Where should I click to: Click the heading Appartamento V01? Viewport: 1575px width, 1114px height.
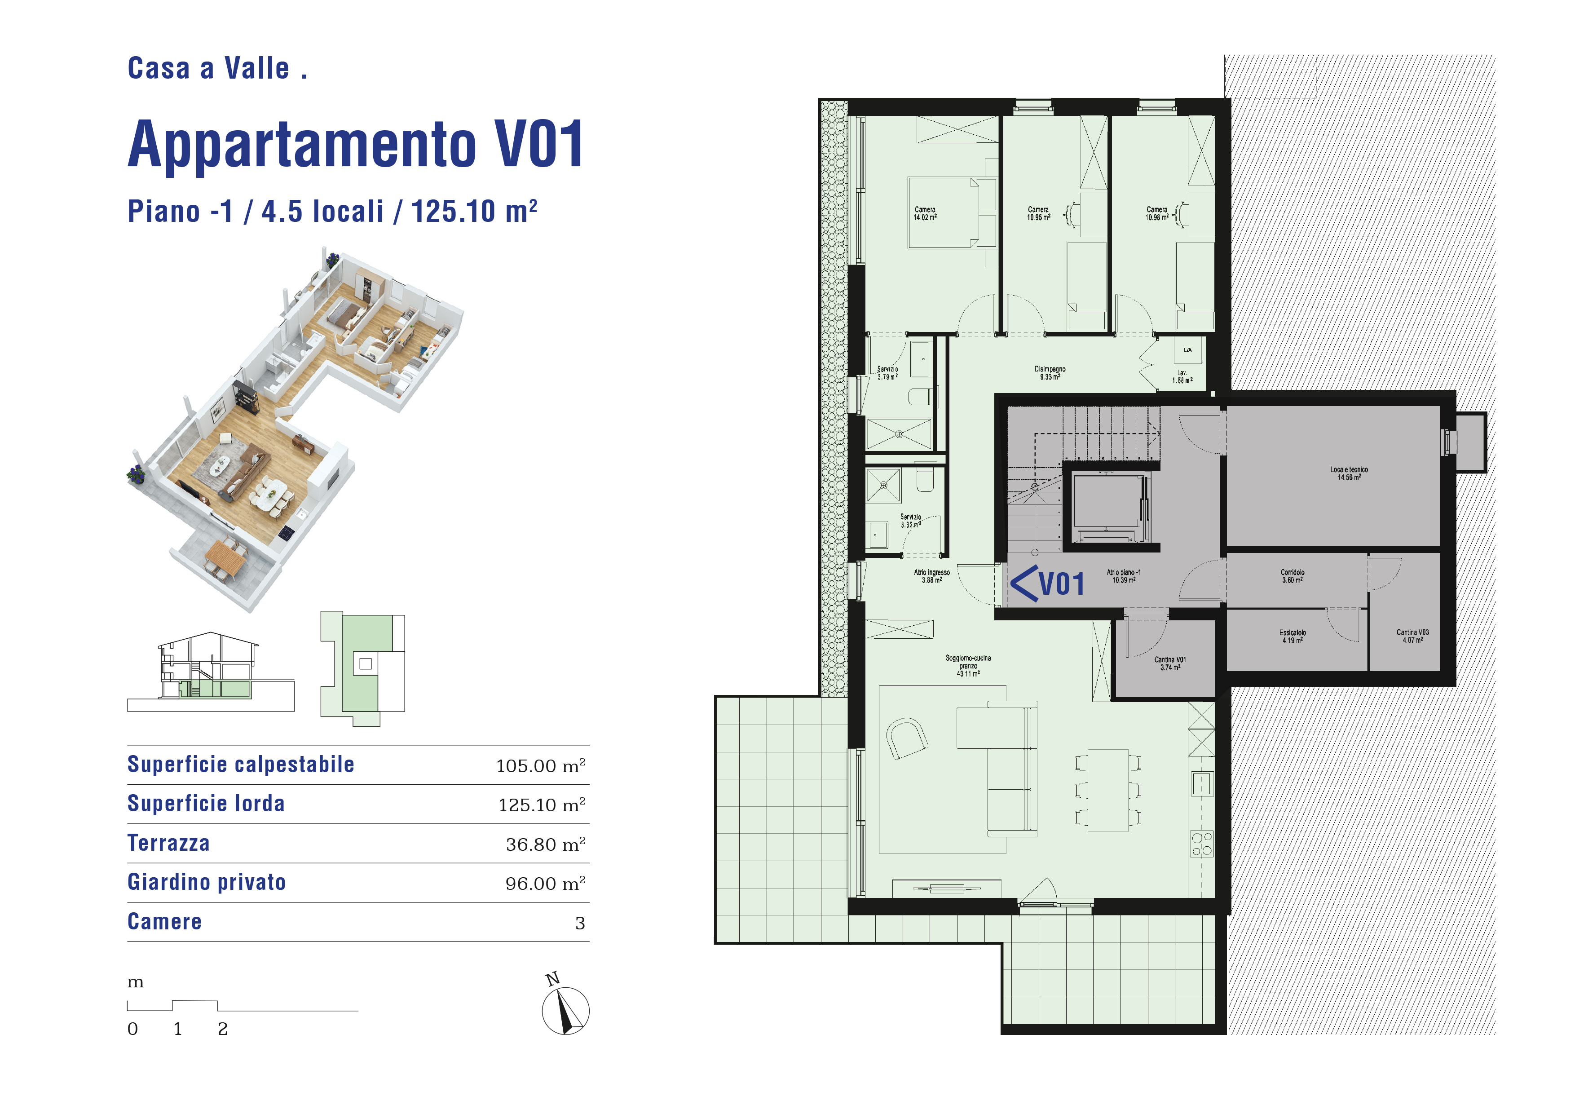[355, 144]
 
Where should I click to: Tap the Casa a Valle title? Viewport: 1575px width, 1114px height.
[217, 69]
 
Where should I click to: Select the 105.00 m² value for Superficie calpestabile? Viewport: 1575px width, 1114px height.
[541, 765]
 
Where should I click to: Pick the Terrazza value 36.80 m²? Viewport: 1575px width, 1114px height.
[545, 844]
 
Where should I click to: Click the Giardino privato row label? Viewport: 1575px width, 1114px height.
[207, 882]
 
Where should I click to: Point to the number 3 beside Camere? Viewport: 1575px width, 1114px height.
[580, 923]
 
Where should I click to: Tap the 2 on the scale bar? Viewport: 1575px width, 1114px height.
[222, 1029]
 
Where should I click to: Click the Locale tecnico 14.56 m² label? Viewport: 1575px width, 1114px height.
[1349, 474]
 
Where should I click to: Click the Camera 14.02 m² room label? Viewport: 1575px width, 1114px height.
[925, 213]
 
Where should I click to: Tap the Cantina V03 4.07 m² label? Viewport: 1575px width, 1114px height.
[1412, 636]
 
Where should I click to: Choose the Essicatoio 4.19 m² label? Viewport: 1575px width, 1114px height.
[1293, 637]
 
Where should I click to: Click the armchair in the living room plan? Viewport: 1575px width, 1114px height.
[906, 738]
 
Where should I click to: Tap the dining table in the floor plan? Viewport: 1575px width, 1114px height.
[1108, 790]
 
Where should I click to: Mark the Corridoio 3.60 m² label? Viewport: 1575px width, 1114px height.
[1293, 576]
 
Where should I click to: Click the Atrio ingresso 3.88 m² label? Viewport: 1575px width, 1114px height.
[931, 576]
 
